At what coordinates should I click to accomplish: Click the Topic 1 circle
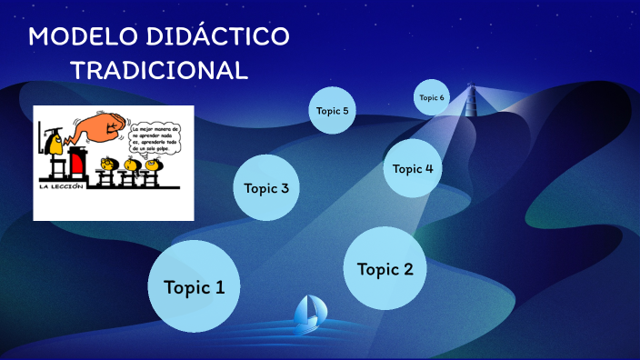(193, 286)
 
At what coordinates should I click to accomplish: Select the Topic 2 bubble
(385, 269)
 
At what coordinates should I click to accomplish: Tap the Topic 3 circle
(266, 188)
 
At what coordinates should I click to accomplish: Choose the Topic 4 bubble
(413, 168)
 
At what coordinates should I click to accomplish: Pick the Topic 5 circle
(332, 111)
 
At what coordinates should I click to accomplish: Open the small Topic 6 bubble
(432, 97)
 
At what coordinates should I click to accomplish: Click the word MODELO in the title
(77, 37)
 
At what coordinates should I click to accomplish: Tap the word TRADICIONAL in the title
(159, 70)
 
